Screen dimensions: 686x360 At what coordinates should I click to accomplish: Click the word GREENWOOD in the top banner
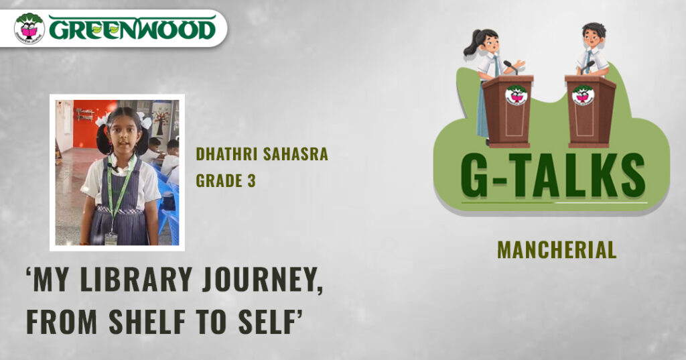coord(132,28)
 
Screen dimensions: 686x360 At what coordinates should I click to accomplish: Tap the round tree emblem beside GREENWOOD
coord(29,28)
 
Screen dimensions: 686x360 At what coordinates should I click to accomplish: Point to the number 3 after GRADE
coord(252,180)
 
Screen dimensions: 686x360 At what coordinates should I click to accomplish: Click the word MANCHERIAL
coord(557,250)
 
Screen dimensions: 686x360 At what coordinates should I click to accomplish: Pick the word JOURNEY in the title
coord(263,280)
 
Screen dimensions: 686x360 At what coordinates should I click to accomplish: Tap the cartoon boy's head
coord(594,34)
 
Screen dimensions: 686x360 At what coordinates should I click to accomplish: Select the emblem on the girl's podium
coord(517,95)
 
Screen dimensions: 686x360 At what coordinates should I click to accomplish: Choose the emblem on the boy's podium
coord(583,95)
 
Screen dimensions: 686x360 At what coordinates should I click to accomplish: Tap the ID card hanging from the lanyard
coord(111,239)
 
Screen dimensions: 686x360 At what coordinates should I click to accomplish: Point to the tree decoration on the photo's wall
coord(161,121)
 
